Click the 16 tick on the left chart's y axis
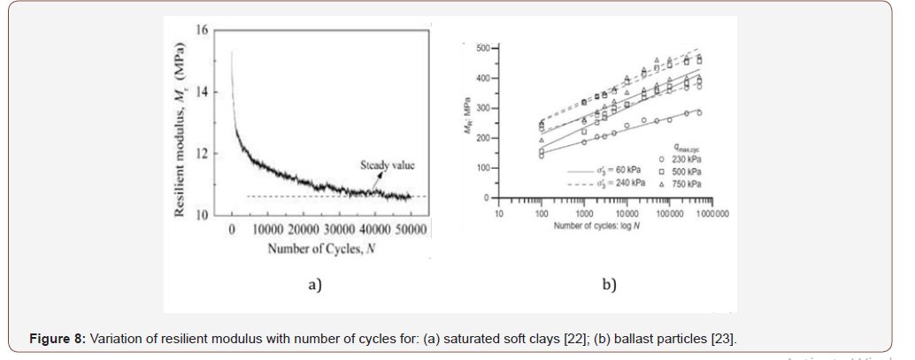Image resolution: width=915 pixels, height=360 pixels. coord(202,30)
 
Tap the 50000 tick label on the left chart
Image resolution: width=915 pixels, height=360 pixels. coord(410,230)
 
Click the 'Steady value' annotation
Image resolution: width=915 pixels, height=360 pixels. coord(387,165)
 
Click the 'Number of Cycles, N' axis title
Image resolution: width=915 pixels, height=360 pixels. coord(321,249)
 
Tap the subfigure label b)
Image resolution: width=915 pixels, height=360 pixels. coord(609,284)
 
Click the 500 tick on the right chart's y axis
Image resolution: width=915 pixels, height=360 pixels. coord(482,47)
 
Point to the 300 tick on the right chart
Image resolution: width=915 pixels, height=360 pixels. coord(482,108)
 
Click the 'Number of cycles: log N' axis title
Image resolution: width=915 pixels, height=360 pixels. coord(597,226)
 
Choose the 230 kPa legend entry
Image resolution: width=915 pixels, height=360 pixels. coord(687,159)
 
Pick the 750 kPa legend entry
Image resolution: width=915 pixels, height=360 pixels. coord(687,183)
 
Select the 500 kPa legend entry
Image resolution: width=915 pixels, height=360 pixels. coord(687,171)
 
